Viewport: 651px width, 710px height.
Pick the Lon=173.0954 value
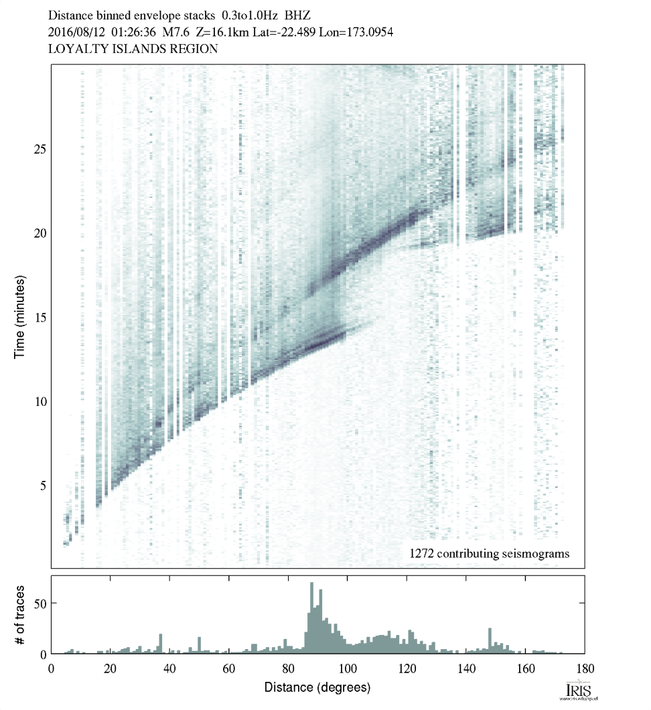point(365,31)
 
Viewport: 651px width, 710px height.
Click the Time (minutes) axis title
point(19,316)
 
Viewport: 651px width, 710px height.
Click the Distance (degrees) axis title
point(317,688)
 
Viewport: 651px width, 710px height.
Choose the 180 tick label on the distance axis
point(583,668)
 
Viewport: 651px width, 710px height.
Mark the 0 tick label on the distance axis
point(52,668)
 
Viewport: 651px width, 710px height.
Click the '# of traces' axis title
point(19,615)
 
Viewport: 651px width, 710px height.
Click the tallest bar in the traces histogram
point(312,618)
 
